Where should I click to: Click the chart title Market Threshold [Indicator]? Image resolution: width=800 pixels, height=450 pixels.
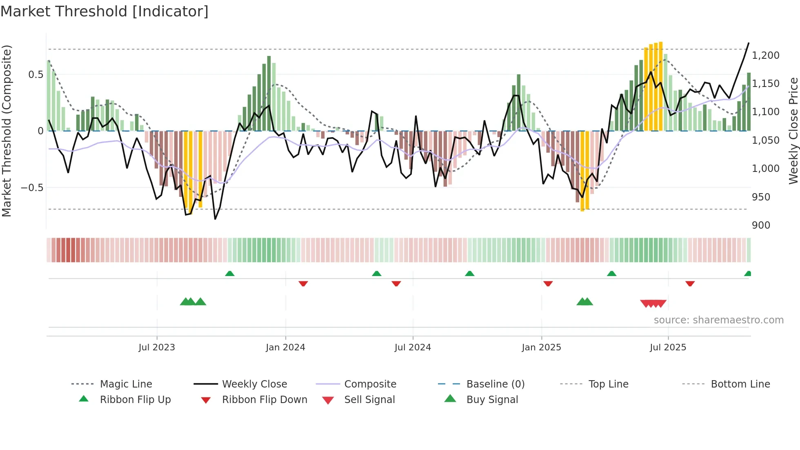104,11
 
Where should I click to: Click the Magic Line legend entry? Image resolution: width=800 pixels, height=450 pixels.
126,384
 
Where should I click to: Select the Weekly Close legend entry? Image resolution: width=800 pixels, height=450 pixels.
254,384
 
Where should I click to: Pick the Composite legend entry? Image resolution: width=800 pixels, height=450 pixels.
370,384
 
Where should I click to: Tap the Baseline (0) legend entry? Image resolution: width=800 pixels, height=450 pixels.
495,384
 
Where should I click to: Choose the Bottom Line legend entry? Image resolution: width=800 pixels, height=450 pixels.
740,384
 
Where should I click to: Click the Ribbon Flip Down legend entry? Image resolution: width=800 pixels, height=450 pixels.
264,399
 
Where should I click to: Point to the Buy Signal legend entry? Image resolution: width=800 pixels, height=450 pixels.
492,399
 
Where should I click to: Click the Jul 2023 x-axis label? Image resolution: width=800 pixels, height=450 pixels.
157,347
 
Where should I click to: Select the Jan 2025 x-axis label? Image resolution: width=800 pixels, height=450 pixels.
541,347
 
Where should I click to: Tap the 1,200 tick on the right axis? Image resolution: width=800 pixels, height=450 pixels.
766,55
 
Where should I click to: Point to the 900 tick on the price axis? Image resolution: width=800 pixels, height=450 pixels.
761,225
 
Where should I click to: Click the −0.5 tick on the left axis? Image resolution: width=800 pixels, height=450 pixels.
32,187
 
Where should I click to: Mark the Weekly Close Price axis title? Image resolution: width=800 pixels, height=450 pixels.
793,131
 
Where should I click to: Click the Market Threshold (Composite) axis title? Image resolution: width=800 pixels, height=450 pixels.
7,131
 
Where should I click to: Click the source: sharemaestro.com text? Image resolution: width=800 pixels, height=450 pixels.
718,320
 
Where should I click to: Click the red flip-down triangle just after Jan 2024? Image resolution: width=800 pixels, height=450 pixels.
303,283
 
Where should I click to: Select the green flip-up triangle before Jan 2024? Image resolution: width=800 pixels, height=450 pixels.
230,273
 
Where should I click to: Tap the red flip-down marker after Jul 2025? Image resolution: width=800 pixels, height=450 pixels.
690,283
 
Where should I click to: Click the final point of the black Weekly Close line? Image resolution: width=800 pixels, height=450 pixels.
749,43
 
